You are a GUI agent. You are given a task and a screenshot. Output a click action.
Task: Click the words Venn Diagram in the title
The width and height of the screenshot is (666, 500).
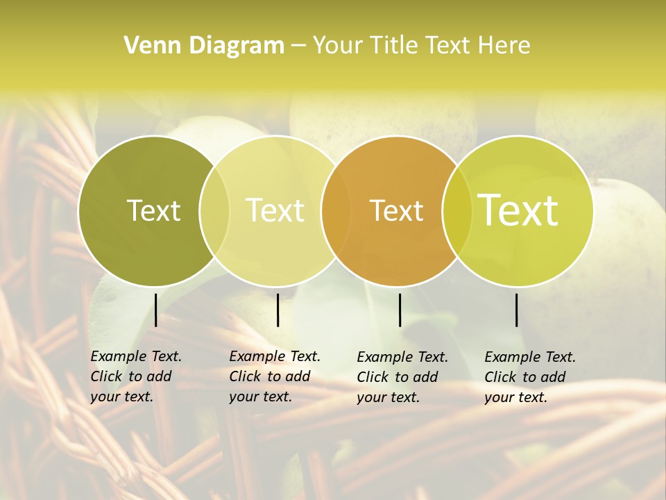point(204,46)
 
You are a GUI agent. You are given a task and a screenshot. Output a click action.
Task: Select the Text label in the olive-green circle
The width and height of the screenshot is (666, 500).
point(153,210)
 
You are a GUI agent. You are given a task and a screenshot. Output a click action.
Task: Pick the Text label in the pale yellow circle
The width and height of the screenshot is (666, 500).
point(275,210)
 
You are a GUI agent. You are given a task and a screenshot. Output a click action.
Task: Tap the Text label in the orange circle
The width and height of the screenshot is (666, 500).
point(397,210)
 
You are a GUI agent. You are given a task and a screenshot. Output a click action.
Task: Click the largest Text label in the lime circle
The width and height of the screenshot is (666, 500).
point(518,210)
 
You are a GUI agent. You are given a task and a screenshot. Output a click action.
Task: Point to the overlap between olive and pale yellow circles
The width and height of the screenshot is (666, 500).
point(214,210)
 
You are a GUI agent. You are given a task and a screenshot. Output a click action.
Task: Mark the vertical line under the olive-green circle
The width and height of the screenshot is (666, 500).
point(156,310)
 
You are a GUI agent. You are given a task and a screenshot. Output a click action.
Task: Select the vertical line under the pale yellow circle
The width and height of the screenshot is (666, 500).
point(277,310)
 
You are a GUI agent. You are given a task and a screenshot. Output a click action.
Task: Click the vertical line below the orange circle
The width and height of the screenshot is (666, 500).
point(400,310)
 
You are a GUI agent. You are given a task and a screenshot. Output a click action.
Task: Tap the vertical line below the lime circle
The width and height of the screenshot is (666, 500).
point(517,310)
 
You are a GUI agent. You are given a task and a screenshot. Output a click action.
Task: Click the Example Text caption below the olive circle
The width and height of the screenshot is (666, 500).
point(135,376)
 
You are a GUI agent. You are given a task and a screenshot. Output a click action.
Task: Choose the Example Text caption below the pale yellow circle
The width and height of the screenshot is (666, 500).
point(274,376)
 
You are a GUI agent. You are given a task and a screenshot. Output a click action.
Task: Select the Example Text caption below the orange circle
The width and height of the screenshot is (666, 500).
point(402,377)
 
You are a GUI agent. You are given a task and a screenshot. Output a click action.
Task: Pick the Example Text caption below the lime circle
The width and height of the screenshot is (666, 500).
point(529,377)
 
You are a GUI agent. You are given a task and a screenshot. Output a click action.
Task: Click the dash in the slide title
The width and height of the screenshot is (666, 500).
point(298,46)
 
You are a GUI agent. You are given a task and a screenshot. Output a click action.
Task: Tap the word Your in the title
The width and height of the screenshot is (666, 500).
point(337,46)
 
